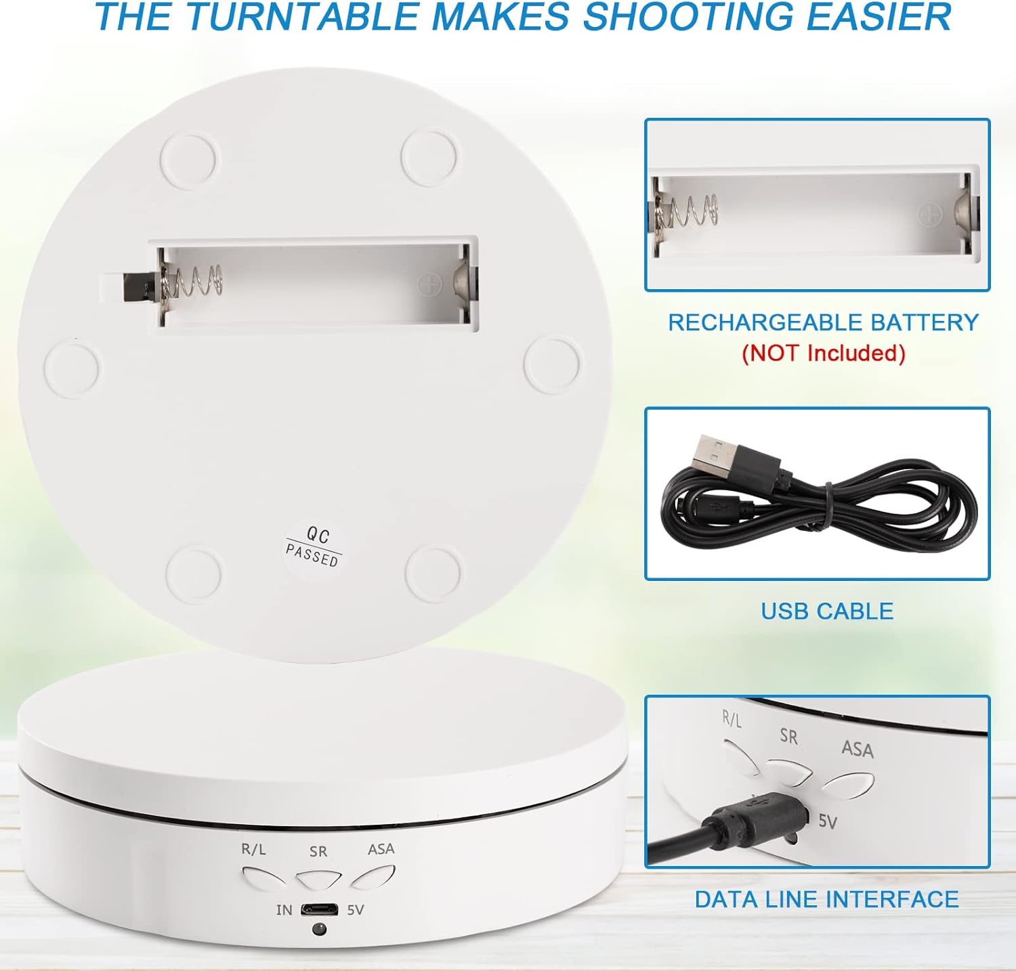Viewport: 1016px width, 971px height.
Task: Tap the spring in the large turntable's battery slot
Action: [193, 282]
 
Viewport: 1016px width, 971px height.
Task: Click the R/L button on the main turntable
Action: [263, 878]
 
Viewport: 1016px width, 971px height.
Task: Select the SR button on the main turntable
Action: [319, 880]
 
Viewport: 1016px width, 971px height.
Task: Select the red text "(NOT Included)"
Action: [824, 353]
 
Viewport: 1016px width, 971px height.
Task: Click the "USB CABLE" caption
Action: [827, 611]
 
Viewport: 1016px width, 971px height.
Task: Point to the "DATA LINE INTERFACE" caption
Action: [826, 899]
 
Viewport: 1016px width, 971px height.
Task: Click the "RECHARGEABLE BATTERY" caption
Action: [824, 322]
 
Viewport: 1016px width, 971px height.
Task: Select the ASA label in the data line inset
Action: [858, 748]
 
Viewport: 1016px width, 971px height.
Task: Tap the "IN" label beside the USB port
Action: [284, 909]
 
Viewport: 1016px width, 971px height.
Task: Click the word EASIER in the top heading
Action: [878, 17]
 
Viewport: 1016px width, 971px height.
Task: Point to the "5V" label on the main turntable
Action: [356, 909]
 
